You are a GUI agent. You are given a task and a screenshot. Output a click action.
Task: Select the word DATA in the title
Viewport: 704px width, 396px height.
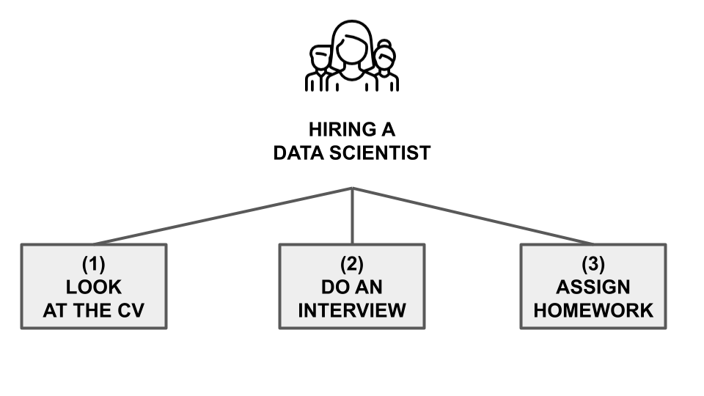point(297,154)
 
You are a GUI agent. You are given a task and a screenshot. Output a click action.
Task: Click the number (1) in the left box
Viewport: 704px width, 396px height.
point(93,262)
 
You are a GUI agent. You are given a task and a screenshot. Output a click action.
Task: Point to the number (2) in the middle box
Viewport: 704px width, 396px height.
point(351,262)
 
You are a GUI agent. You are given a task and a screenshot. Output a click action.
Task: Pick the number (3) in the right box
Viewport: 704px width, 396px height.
point(593,262)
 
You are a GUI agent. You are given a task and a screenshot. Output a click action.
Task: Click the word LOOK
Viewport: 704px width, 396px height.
point(93,286)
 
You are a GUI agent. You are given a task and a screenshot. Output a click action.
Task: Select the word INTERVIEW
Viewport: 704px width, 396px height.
point(351,310)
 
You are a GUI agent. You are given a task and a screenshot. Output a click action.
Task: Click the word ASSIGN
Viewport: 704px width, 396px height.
point(593,286)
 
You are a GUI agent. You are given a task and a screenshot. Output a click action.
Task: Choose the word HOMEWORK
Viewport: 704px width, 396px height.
point(593,310)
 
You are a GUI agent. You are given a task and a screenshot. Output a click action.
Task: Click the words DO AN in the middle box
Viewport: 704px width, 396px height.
point(351,286)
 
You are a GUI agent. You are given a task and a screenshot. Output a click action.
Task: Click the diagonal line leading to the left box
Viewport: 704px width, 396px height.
point(220,216)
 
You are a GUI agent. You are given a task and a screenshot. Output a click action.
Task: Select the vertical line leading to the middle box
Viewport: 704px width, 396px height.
point(352,220)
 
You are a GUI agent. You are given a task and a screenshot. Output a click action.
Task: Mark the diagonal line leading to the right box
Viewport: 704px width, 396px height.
point(477,217)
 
